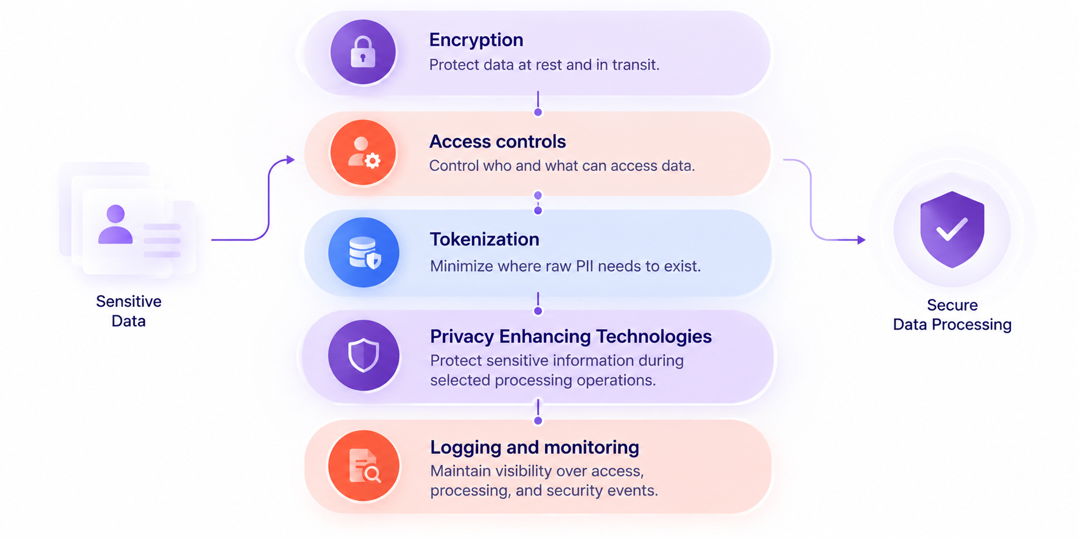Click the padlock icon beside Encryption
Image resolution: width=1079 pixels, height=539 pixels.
click(363, 52)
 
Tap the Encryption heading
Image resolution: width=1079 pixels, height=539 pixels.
click(476, 40)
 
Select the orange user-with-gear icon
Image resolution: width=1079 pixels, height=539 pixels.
click(363, 152)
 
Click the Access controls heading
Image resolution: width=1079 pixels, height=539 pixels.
click(498, 142)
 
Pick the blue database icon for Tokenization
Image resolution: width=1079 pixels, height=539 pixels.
click(364, 252)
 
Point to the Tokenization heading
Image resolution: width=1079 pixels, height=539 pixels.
click(485, 239)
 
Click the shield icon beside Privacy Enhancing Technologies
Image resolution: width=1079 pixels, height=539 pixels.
click(364, 355)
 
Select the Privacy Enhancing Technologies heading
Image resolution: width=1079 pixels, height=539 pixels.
click(571, 337)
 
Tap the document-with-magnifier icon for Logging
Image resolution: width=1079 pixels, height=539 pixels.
click(364, 466)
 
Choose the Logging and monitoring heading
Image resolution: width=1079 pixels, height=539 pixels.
click(535, 448)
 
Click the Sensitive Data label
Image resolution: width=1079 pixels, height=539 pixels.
click(129, 311)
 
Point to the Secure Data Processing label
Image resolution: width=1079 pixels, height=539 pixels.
click(952, 315)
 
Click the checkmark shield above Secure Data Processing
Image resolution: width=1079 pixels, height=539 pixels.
click(952, 229)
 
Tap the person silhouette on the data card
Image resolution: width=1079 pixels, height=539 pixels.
click(116, 224)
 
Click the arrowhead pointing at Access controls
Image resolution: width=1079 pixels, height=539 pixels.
click(291, 160)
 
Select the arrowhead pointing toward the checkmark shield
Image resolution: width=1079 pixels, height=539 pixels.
click(861, 240)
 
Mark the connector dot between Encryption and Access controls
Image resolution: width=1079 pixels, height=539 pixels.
click(538, 112)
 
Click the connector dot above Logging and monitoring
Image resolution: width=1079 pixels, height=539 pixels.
click(538, 421)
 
